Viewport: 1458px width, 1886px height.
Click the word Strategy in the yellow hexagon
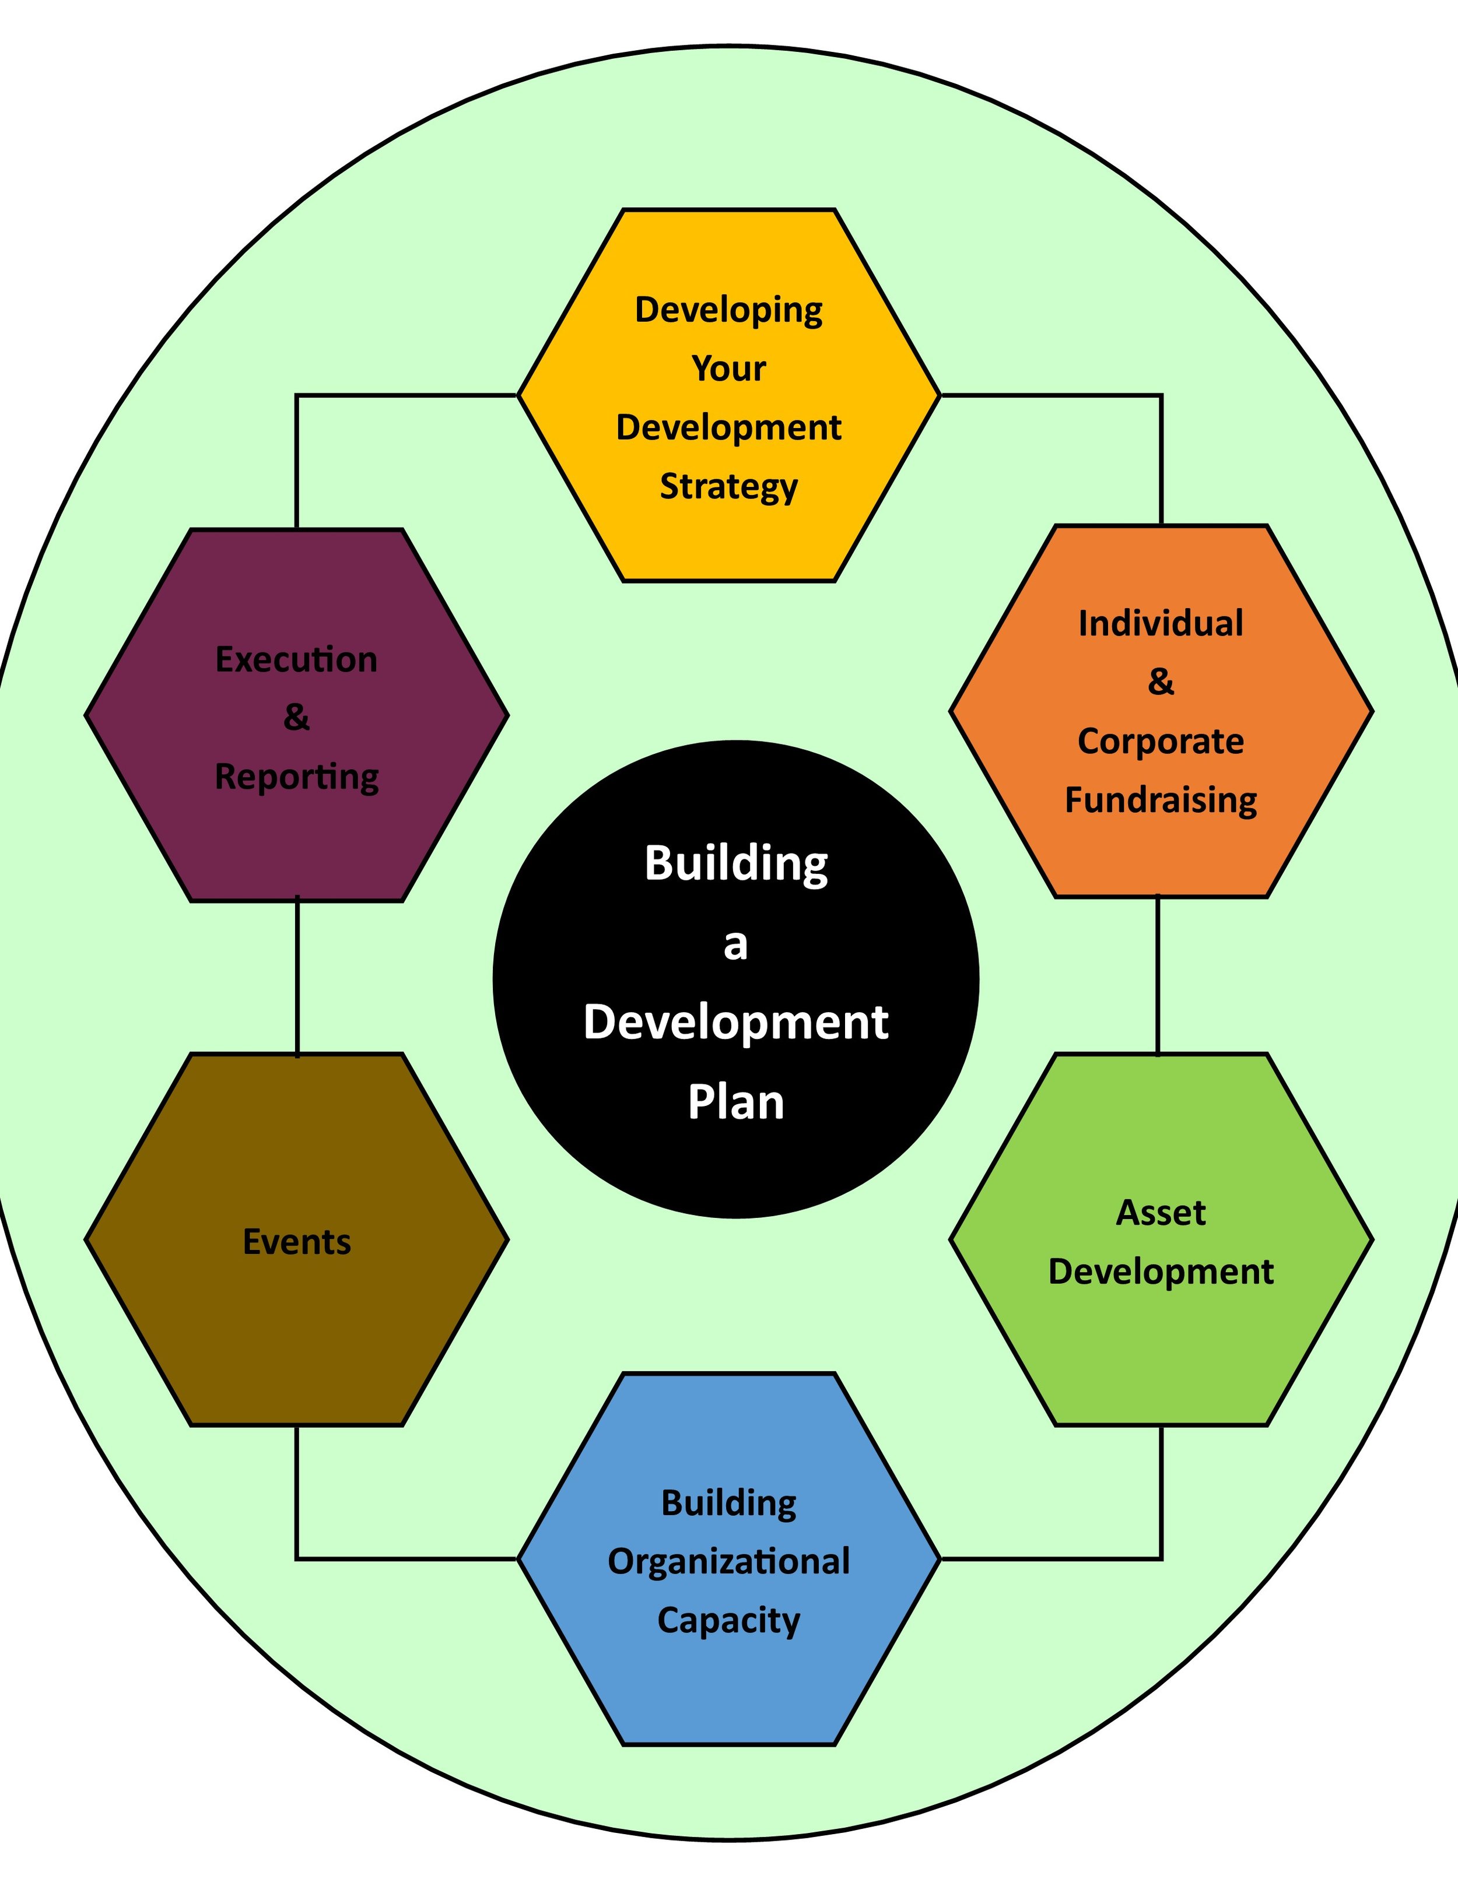click(x=728, y=487)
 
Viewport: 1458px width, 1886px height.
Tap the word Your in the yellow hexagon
click(x=728, y=368)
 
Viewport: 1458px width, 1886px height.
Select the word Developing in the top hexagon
click(x=728, y=311)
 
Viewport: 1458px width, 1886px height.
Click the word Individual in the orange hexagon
click(x=1160, y=623)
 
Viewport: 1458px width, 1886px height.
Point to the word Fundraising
click(x=1160, y=800)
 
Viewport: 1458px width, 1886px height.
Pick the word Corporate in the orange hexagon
click(x=1160, y=741)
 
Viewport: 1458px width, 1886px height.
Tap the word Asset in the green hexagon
click(x=1160, y=1213)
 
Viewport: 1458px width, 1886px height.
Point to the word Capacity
click(x=728, y=1621)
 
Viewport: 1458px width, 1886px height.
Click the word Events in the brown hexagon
click(x=296, y=1242)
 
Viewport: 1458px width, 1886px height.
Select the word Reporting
click(x=296, y=777)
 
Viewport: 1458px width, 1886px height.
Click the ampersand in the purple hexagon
click(x=296, y=718)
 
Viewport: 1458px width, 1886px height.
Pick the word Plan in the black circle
click(x=736, y=1103)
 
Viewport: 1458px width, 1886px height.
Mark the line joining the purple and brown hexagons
click(x=297, y=977)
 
